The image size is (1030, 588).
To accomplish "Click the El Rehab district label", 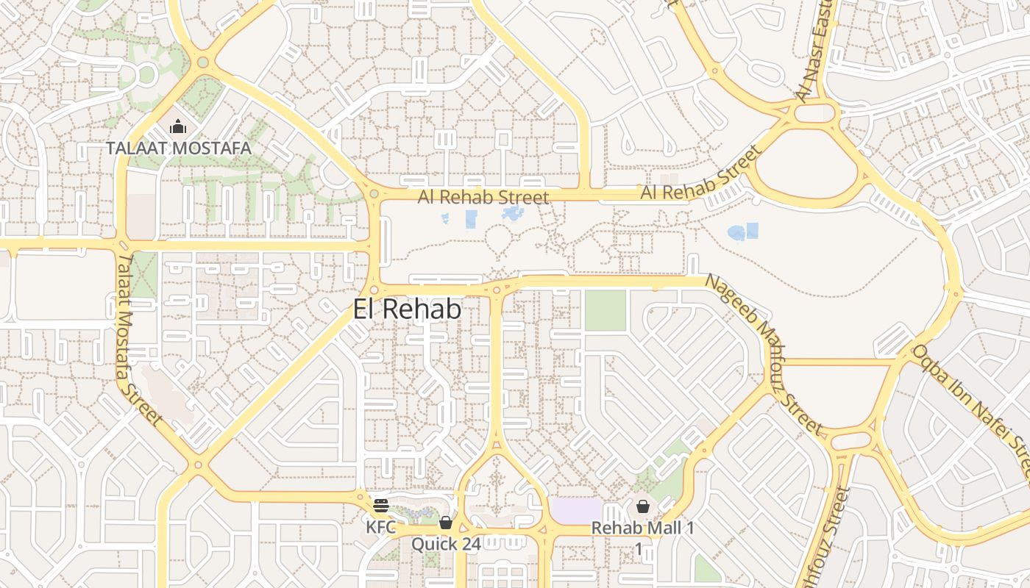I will point(407,309).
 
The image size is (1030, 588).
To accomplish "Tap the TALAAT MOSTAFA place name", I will point(179,148).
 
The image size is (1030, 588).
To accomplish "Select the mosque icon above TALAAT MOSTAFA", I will point(178,127).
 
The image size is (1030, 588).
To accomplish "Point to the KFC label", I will point(381,527).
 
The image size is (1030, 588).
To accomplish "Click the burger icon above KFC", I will point(380,506).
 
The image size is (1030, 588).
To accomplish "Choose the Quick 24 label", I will point(446,544).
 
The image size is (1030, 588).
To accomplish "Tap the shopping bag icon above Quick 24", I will point(445,523).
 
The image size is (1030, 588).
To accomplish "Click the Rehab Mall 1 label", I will point(642,528).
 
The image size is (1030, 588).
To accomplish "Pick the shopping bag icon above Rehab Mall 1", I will point(643,506).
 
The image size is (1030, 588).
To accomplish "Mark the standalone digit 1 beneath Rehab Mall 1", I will point(639,548).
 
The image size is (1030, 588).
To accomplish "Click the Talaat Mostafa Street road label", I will point(139,339).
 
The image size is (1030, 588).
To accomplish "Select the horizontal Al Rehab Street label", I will point(483,197).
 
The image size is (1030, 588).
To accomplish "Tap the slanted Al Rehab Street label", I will point(700,175).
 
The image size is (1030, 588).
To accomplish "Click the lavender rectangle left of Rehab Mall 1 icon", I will point(575,511).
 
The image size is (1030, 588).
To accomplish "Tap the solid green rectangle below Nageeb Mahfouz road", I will point(605,310).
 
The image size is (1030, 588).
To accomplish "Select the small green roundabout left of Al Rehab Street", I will point(374,194).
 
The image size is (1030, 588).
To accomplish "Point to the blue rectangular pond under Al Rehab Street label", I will point(471,218).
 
